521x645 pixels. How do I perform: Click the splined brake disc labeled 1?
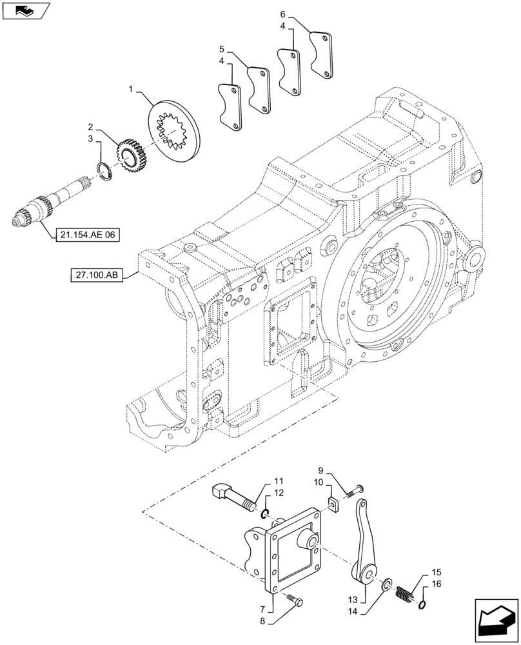[175, 129]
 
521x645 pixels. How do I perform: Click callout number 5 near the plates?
[221, 49]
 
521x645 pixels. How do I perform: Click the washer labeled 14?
[386, 584]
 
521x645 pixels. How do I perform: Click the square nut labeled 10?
[333, 504]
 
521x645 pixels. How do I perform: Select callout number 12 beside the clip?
[278, 493]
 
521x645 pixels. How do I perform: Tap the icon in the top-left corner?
[25, 10]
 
